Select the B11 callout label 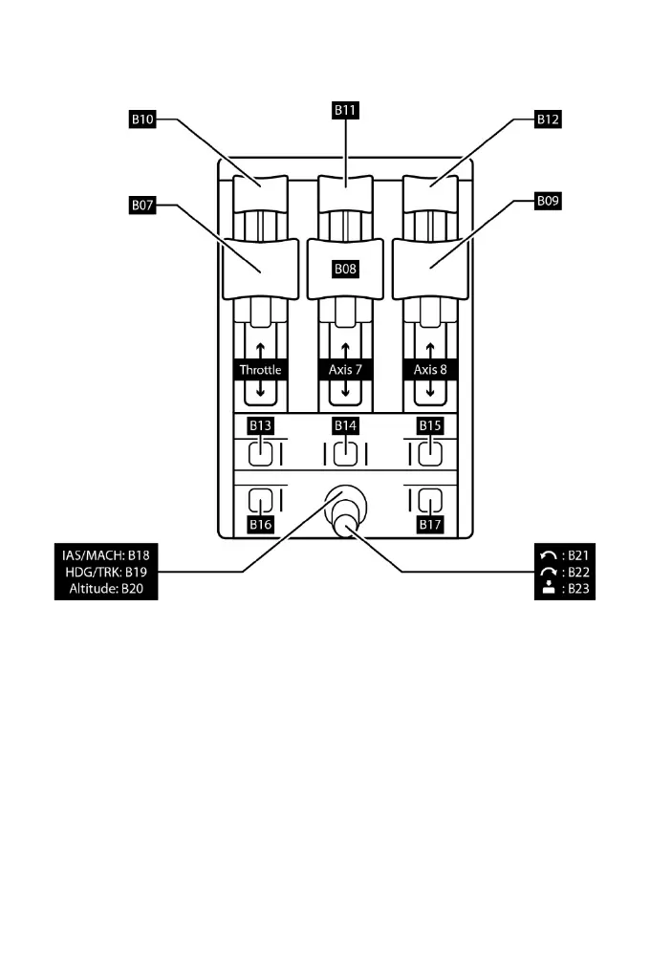click(x=345, y=111)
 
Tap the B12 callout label click(x=548, y=121)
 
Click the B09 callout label click(x=548, y=203)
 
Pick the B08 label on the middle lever click(x=345, y=270)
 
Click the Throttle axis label click(x=261, y=370)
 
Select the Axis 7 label click(x=345, y=370)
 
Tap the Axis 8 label click(x=430, y=370)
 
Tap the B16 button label click(x=261, y=524)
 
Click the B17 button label click(x=430, y=524)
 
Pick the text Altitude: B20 click(x=106, y=589)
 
